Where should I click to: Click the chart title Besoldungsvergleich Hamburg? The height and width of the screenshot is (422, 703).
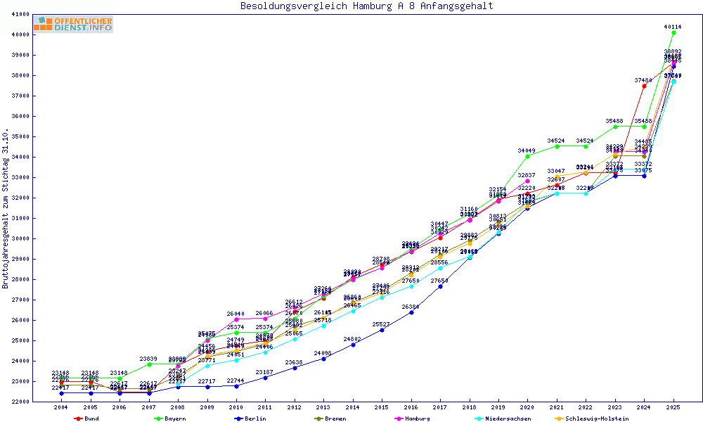[366, 6]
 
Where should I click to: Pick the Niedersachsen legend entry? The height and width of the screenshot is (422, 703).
[503, 418]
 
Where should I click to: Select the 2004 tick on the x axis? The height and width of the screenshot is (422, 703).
[60, 407]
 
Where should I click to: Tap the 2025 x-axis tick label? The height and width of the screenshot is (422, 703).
[673, 407]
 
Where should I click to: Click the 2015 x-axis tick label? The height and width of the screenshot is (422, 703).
[382, 407]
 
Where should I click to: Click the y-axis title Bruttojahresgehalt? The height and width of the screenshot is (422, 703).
[6, 208]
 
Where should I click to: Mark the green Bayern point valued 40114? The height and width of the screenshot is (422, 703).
[673, 32]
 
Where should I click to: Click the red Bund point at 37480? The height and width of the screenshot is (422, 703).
[644, 86]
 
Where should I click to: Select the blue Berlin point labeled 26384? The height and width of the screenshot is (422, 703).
[411, 312]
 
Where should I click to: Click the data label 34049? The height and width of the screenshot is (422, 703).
[527, 151]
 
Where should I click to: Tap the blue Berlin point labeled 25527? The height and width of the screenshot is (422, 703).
[382, 330]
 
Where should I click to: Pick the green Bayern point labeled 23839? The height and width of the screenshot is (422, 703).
[148, 364]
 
